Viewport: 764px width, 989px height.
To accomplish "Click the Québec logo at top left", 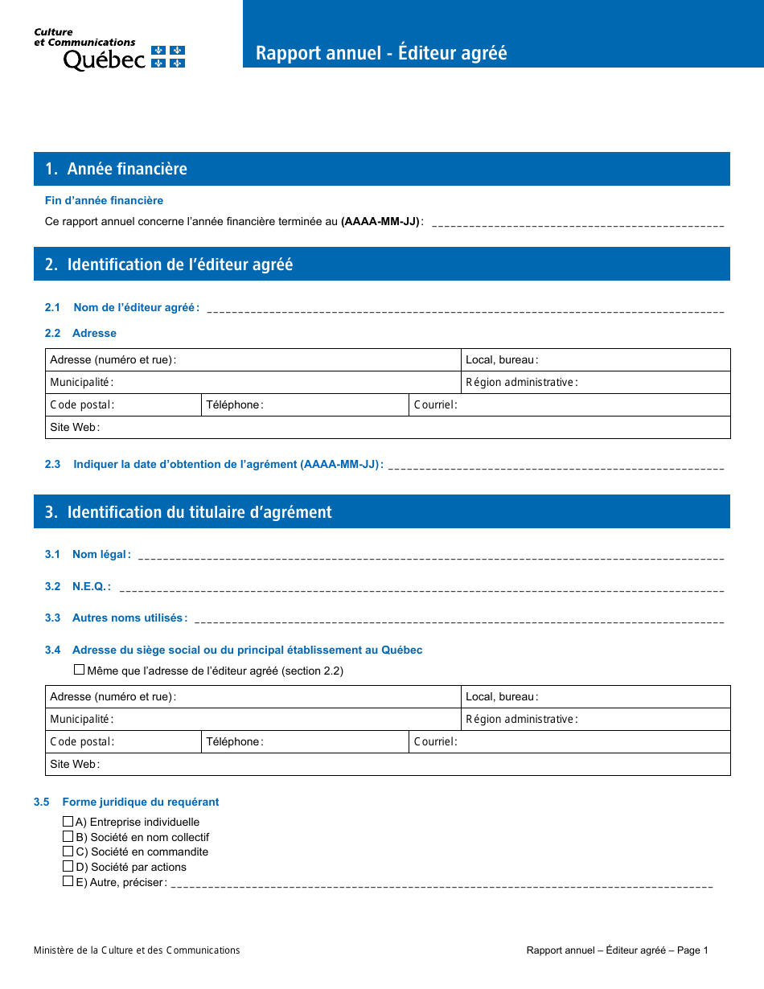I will click(109, 50).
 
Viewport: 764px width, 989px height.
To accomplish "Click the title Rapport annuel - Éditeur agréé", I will click(381, 53).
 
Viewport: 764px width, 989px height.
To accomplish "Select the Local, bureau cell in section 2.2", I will click(596, 360).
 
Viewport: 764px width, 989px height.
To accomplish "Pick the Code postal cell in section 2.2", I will click(122, 405).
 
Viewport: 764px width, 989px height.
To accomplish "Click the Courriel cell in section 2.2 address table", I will click(569, 405).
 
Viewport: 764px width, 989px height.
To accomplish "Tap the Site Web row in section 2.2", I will click(387, 428).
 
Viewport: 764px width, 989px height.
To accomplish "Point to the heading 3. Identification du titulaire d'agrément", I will click(199, 512).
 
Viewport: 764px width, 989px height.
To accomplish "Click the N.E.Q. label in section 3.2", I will click(91, 587).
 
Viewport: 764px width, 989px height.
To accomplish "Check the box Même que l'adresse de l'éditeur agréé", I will click(80, 670).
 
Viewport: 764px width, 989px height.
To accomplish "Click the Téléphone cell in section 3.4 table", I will click(304, 742).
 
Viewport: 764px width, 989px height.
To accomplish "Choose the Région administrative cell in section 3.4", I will click(596, 720).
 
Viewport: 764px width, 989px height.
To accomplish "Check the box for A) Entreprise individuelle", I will click(68, 822).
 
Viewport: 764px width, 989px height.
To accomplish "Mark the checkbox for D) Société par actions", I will click(68, 867).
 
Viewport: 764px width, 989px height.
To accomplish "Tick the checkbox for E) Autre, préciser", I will click(68, 881).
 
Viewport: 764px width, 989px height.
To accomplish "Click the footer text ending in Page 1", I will click(617, 950).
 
